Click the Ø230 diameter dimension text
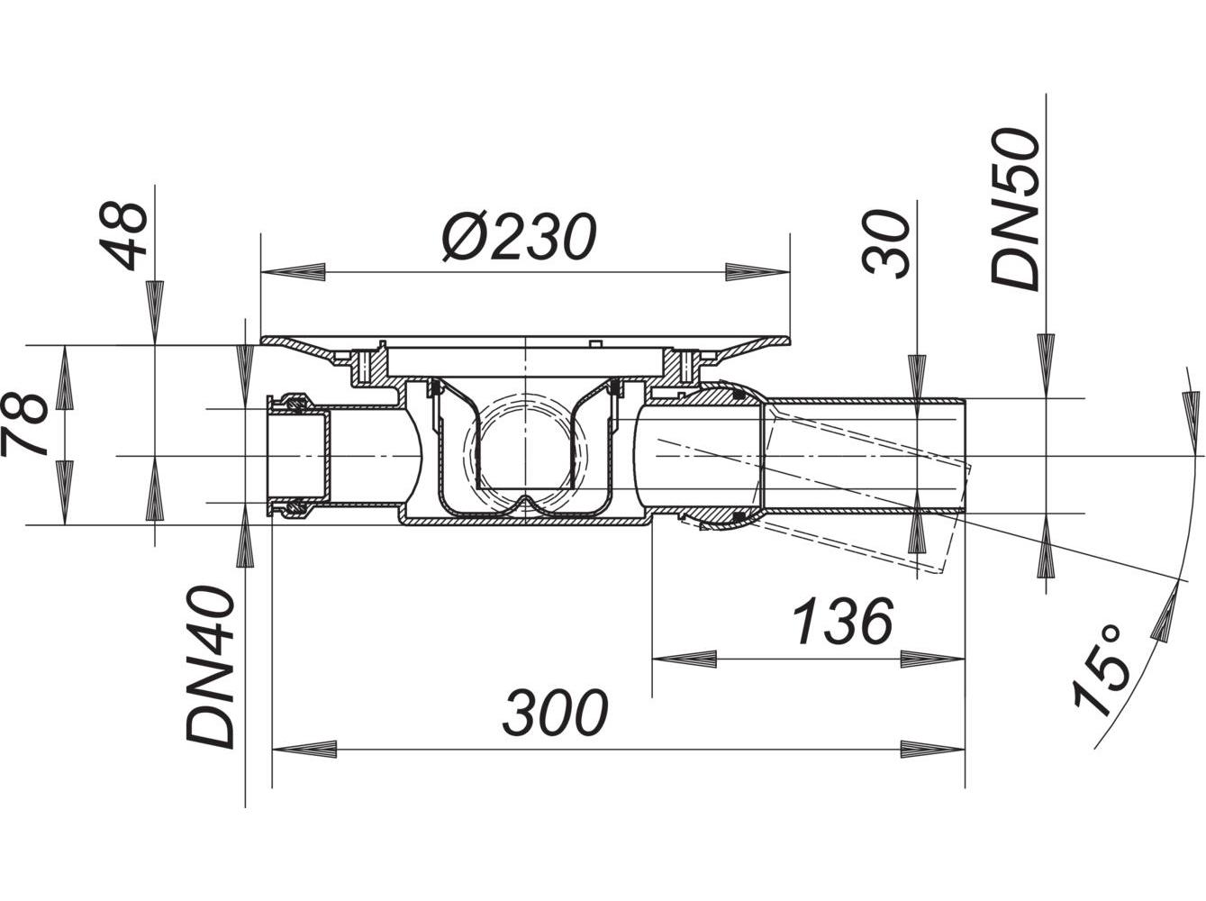point(519,237)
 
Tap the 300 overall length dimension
point(556,713)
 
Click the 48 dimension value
point(127,235)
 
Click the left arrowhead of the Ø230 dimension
point(293,270)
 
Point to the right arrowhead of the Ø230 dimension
point(757,270)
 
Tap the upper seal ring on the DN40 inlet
point(294,401)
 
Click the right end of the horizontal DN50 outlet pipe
point(961,455)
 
